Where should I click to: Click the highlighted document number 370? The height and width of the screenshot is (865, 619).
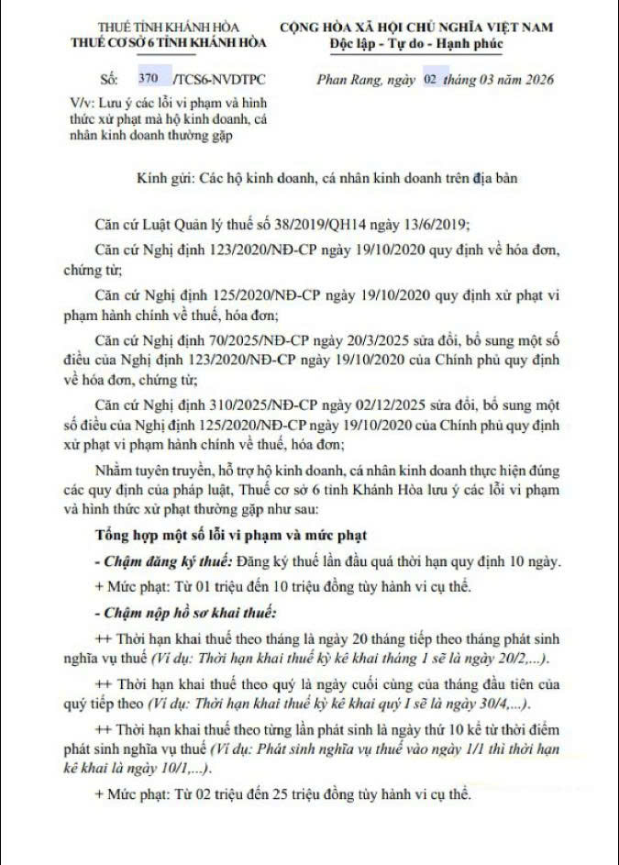(149, 81)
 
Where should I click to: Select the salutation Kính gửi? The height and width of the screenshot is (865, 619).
(164, 178)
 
